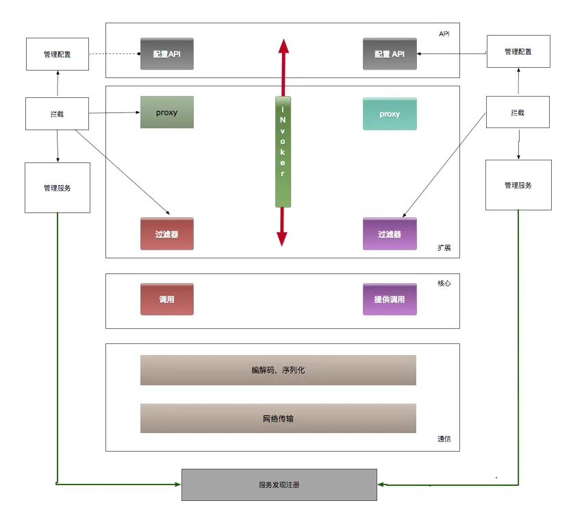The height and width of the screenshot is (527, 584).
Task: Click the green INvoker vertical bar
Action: [283, 151]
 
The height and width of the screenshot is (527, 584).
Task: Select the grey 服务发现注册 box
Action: [279, 485]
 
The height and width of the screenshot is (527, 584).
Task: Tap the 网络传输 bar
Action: [278, 418]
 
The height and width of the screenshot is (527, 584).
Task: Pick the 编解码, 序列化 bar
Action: [278, 370]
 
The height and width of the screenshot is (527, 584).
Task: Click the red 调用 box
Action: [167, 299]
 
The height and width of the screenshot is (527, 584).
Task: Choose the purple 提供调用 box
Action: [390, 299]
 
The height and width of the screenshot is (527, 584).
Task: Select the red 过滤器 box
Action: [167, 234]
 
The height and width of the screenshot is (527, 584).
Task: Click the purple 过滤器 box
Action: [390, 234]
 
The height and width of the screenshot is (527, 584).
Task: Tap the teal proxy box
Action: [390, 114]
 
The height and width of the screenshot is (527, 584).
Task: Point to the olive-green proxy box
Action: [167, 112]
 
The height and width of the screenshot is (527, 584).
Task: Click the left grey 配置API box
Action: [167, 53]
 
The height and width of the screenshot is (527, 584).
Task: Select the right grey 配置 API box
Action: [390, 53]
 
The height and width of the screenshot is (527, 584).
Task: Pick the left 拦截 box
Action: [58, 114]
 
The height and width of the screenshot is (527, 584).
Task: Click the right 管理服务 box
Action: [518, 185]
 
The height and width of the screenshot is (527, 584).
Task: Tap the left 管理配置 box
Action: [58, 53]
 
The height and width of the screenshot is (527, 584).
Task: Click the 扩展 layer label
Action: [444, 248]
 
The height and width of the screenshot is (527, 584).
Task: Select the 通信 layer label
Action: [444, 439]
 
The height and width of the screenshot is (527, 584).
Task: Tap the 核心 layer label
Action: [444, 283]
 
